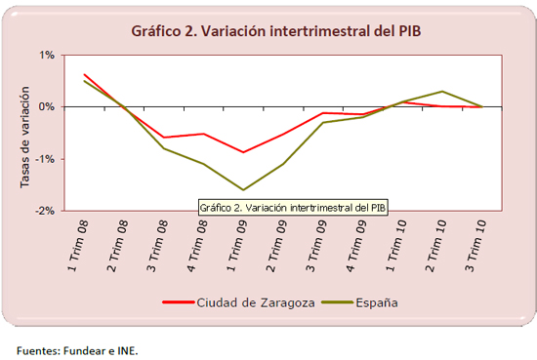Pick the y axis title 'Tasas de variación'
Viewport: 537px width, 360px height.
pos(24,133)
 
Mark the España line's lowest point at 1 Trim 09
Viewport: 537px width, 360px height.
pos(243,190)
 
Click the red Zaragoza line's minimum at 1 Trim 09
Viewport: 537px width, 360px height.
pos(243,152)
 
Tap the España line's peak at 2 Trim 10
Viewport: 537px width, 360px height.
pos(443,92)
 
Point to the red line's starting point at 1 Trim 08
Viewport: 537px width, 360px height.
pos(84,74)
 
